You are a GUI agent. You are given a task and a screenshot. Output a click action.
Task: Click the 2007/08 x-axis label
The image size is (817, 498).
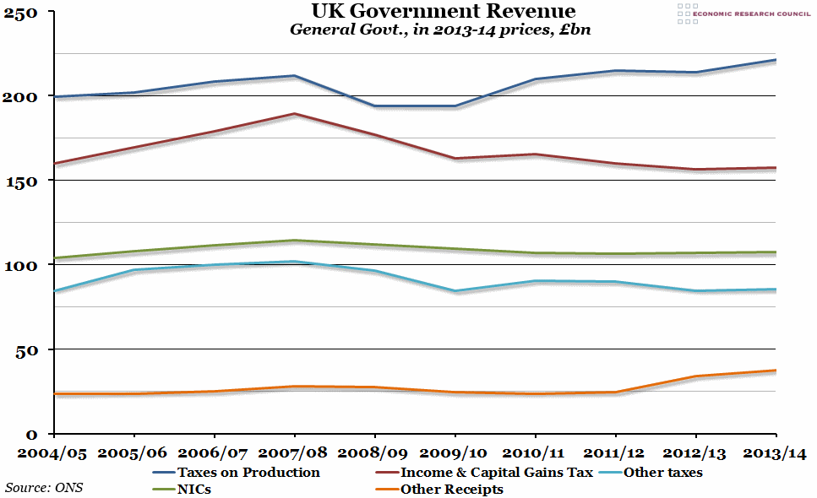tap(293, 454)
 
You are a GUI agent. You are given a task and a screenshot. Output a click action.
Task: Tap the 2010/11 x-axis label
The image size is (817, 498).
tap(536, 454)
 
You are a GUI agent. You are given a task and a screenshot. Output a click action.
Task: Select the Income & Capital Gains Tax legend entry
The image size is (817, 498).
tap(496, 473)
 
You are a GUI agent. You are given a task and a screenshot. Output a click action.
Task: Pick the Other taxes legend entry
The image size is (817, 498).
tap(662, 473)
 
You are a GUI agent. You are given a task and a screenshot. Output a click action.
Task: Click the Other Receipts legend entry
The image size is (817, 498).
tap(451, 490)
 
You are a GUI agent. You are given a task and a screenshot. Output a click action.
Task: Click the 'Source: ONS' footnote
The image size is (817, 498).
tap(44, 487)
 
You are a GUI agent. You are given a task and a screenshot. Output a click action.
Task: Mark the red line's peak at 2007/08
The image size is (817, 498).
tap(294, 113)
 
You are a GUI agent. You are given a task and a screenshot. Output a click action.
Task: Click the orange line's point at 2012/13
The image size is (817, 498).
tap(695, 376)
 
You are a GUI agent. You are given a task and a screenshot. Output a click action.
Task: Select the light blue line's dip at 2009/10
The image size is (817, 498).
tap(455, 291)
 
